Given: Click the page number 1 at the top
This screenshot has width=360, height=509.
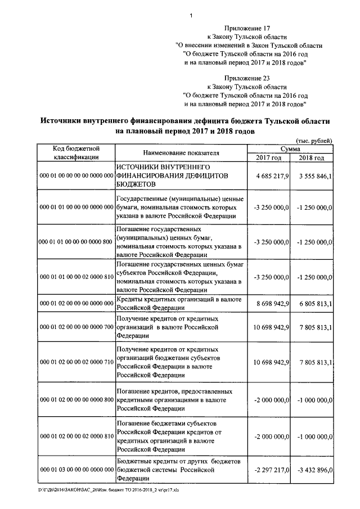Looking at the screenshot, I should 191,16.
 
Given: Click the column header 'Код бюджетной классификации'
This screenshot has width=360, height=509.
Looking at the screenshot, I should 76,152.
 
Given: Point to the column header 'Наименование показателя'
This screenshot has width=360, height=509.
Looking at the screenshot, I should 181,152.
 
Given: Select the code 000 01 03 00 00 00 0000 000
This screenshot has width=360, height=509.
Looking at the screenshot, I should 76,469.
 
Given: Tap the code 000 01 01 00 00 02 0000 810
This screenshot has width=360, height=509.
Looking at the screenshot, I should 76,277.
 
